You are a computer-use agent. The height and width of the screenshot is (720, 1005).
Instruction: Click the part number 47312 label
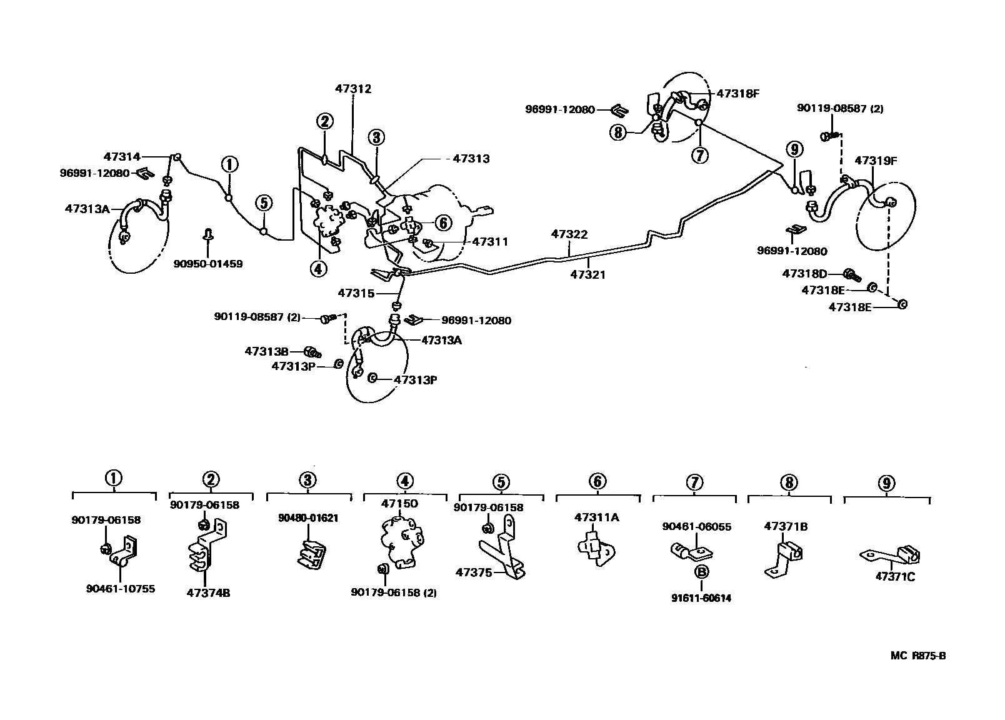pos(352,89)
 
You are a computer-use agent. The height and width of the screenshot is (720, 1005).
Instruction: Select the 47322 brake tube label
pos(569,234)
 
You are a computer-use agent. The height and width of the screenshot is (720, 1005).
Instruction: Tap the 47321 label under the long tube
pos(587,274)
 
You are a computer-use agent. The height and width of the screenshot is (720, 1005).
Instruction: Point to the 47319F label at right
pos(876,161)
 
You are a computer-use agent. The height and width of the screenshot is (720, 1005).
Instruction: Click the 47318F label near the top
pos(737,94)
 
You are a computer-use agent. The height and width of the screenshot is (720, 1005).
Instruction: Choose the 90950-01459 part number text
pos(208,264)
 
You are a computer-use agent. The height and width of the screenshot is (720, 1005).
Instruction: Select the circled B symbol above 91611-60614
pos(701,571)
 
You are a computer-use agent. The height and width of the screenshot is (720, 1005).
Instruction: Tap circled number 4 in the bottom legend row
pos(404,481)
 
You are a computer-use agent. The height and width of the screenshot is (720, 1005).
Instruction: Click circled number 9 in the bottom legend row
pos(886,483)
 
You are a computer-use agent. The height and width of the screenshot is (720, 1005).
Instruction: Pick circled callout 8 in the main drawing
pos(618,132)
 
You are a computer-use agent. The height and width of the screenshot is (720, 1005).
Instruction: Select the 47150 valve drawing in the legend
pos(401,542)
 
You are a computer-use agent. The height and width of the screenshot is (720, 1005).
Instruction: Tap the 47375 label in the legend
pos(474,572)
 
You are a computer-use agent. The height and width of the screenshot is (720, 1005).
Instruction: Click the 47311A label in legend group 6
pos(596,517)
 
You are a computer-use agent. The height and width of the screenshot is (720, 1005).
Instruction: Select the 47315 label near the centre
pos(356,292)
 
